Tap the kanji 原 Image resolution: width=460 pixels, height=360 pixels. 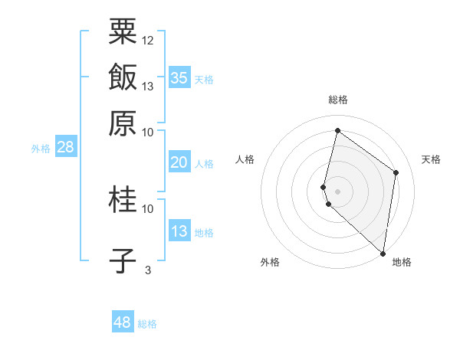123,122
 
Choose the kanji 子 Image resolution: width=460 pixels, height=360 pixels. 123,260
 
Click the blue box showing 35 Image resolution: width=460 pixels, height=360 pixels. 179,77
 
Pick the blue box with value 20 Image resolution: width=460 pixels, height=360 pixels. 179,162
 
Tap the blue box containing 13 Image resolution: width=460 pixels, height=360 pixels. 179,231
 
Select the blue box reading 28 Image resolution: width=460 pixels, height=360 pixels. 65,148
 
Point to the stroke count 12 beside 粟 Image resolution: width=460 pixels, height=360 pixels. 148,40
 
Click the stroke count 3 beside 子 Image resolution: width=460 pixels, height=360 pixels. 148,270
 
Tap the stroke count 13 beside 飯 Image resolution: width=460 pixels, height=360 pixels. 148,86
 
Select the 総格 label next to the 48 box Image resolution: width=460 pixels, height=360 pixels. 147,324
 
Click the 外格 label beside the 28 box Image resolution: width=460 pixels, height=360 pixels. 41,149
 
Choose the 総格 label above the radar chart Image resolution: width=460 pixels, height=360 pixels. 338,100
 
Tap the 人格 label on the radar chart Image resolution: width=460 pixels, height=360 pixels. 245,159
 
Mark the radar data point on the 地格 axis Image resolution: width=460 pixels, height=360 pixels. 383,253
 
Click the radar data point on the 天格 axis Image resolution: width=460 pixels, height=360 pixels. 396,172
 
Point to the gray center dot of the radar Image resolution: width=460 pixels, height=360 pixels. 338,190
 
